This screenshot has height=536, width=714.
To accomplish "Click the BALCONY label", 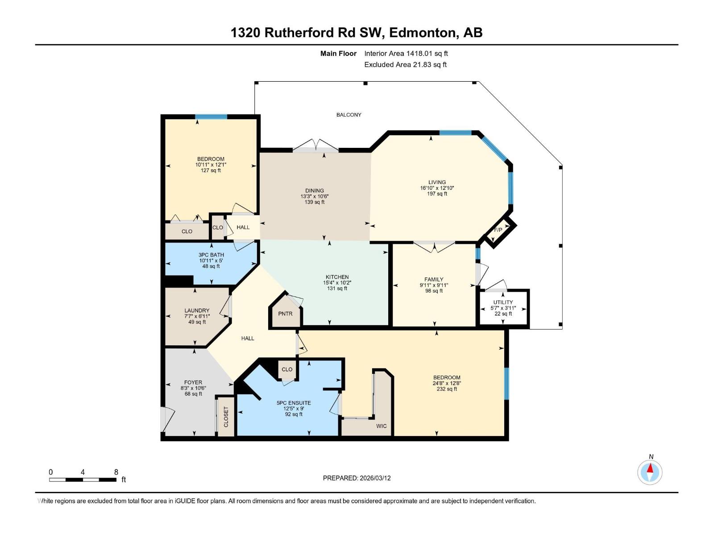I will click(349, 115).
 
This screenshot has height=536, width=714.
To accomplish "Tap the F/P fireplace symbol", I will click(498, 230).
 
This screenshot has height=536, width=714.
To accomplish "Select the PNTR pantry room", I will click(285, 314).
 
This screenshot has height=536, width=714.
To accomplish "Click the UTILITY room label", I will click(503, 302).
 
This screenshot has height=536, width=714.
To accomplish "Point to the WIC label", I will click(381, 426).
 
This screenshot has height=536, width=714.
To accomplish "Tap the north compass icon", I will click(650, 472).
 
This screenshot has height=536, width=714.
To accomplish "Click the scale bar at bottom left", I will click(83, 480).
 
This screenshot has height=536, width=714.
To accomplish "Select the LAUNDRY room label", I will click(197, 310).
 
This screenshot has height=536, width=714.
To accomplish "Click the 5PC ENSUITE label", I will click(294, 403).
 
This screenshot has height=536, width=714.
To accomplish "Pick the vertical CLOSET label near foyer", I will click(226, 416).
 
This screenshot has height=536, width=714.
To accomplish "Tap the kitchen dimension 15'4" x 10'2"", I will click(337, 283).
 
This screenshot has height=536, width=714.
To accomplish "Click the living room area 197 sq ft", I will click(437, 194).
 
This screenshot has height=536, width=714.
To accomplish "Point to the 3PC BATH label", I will click(211, 255).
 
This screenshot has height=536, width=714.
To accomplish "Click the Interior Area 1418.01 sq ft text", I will click(406, 54).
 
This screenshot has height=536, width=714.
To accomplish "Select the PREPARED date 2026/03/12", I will click(357, 478).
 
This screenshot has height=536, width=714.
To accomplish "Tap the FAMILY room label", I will click(434, 280).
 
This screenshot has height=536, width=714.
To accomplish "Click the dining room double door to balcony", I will click(315, 147).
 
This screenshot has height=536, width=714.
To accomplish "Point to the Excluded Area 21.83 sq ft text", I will click(405, 65).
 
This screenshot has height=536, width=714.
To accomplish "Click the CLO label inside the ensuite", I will click(287, 369).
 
